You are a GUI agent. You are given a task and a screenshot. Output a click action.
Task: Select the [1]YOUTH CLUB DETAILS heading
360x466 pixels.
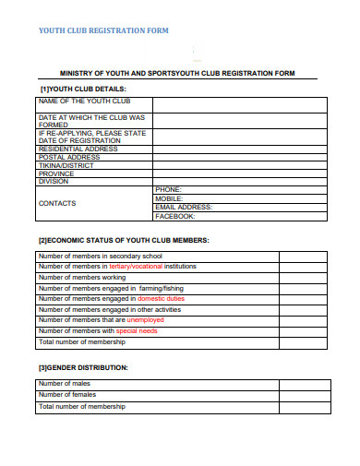pyautogui.click(x=80, y=89)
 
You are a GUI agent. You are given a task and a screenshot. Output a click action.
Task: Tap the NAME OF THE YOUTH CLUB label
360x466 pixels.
pyautogui.click(x=84, y=101)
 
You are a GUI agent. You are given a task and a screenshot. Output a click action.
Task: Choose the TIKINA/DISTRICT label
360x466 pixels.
pyautogui.click(x=67, y=165)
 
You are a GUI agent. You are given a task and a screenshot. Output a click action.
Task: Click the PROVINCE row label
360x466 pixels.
pyautogui.click(x=56, y=173)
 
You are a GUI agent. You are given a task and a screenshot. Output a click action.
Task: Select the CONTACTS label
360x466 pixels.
pyautogui.click(x=57, y=203)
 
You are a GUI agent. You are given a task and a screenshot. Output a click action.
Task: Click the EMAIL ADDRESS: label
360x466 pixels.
pyautogui.click(x=183, y=208)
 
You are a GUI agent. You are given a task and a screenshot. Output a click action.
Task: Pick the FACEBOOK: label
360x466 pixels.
pyautogui.click(x=174, y=216)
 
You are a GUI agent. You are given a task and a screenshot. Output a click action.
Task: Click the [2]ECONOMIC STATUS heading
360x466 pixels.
pyautogui.click(x=123, y=240)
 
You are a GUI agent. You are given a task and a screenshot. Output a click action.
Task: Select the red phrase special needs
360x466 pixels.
pyautogui.click(x=137, y=331)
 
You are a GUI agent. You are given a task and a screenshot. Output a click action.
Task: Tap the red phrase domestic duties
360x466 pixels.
pyautogui.click(x=161, y=298)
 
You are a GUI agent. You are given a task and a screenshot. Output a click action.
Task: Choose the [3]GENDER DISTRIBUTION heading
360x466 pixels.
pyautogui.click(x=83, y=367)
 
